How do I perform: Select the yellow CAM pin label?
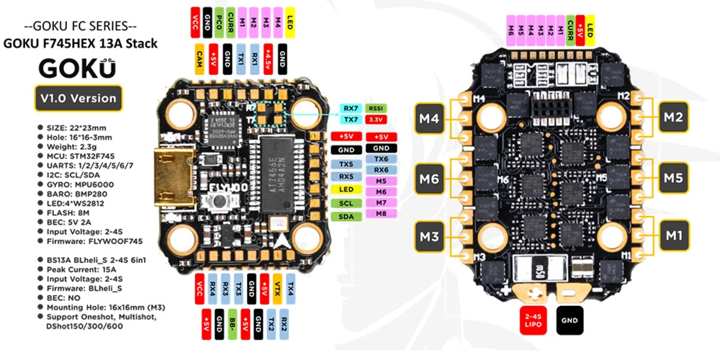(199, 58)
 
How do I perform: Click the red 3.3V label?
(376, 119)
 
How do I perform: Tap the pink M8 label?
(381, 214)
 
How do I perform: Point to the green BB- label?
(233, 324)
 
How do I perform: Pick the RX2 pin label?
(285, 324)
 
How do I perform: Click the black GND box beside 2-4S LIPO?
(569, 320)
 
